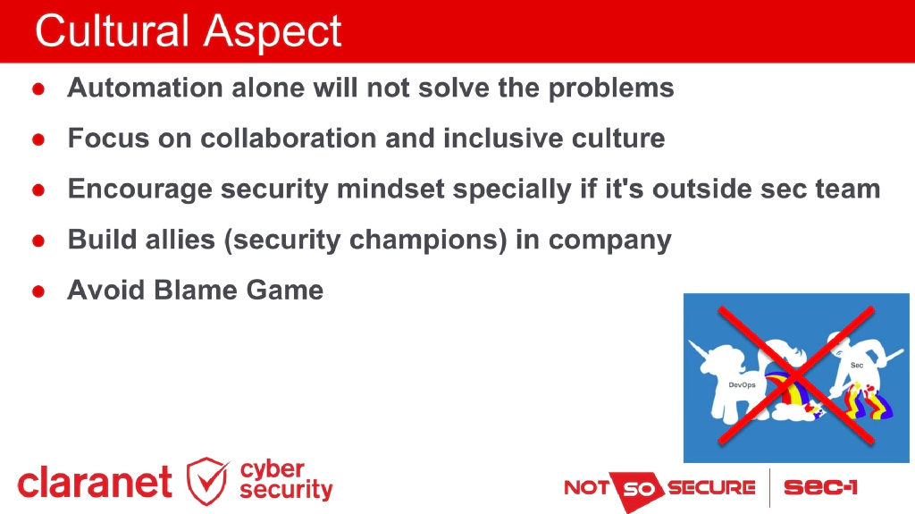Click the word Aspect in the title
pos(273,33)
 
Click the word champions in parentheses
pos(432,241)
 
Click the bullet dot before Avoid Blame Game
pos(39,292)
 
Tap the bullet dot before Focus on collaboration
pos(39,140)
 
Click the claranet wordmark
pos(95,483)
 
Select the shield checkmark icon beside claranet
pos(207,480)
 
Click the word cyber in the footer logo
pos(273,469)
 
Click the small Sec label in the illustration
pos(856,365)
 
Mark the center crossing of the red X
pos(795,375)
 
